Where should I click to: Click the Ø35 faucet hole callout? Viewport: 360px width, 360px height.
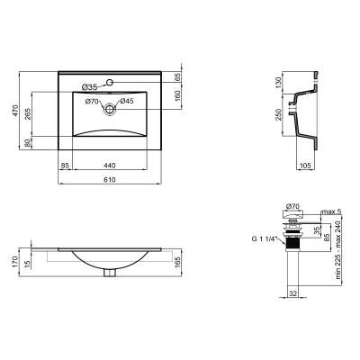(89, 86)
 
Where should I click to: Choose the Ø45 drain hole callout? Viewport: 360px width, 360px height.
(127, 101)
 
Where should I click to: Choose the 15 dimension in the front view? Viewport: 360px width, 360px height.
(30, 263)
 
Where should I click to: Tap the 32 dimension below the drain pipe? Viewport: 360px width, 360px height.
(292, 293)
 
